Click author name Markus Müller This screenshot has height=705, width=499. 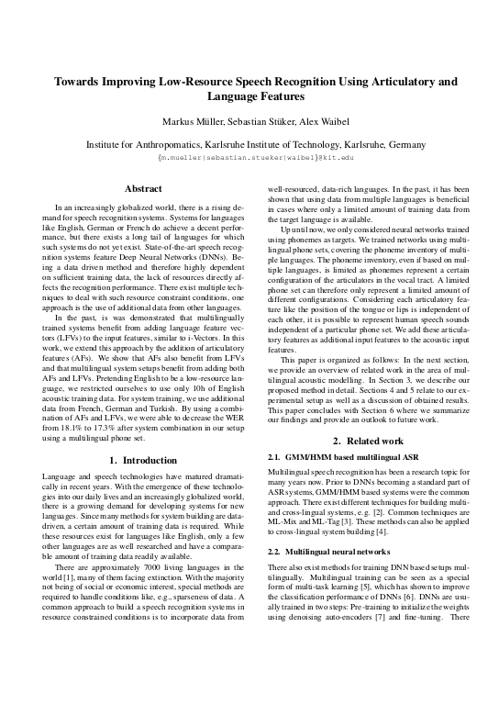195,124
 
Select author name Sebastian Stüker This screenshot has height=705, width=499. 265,124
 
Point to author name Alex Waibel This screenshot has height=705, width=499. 327,124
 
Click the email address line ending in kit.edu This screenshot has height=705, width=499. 249,157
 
